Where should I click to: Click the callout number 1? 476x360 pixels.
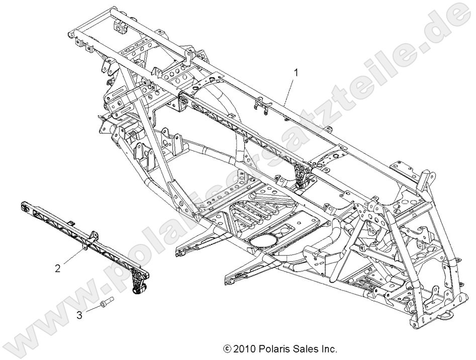(296, 73)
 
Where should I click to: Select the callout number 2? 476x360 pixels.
(57, 268)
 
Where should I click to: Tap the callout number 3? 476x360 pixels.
(79, 315)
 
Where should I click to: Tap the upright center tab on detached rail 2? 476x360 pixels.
(93, 235)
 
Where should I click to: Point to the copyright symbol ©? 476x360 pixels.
(227, 348)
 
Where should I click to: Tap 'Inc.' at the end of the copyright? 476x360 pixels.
(328, 348)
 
